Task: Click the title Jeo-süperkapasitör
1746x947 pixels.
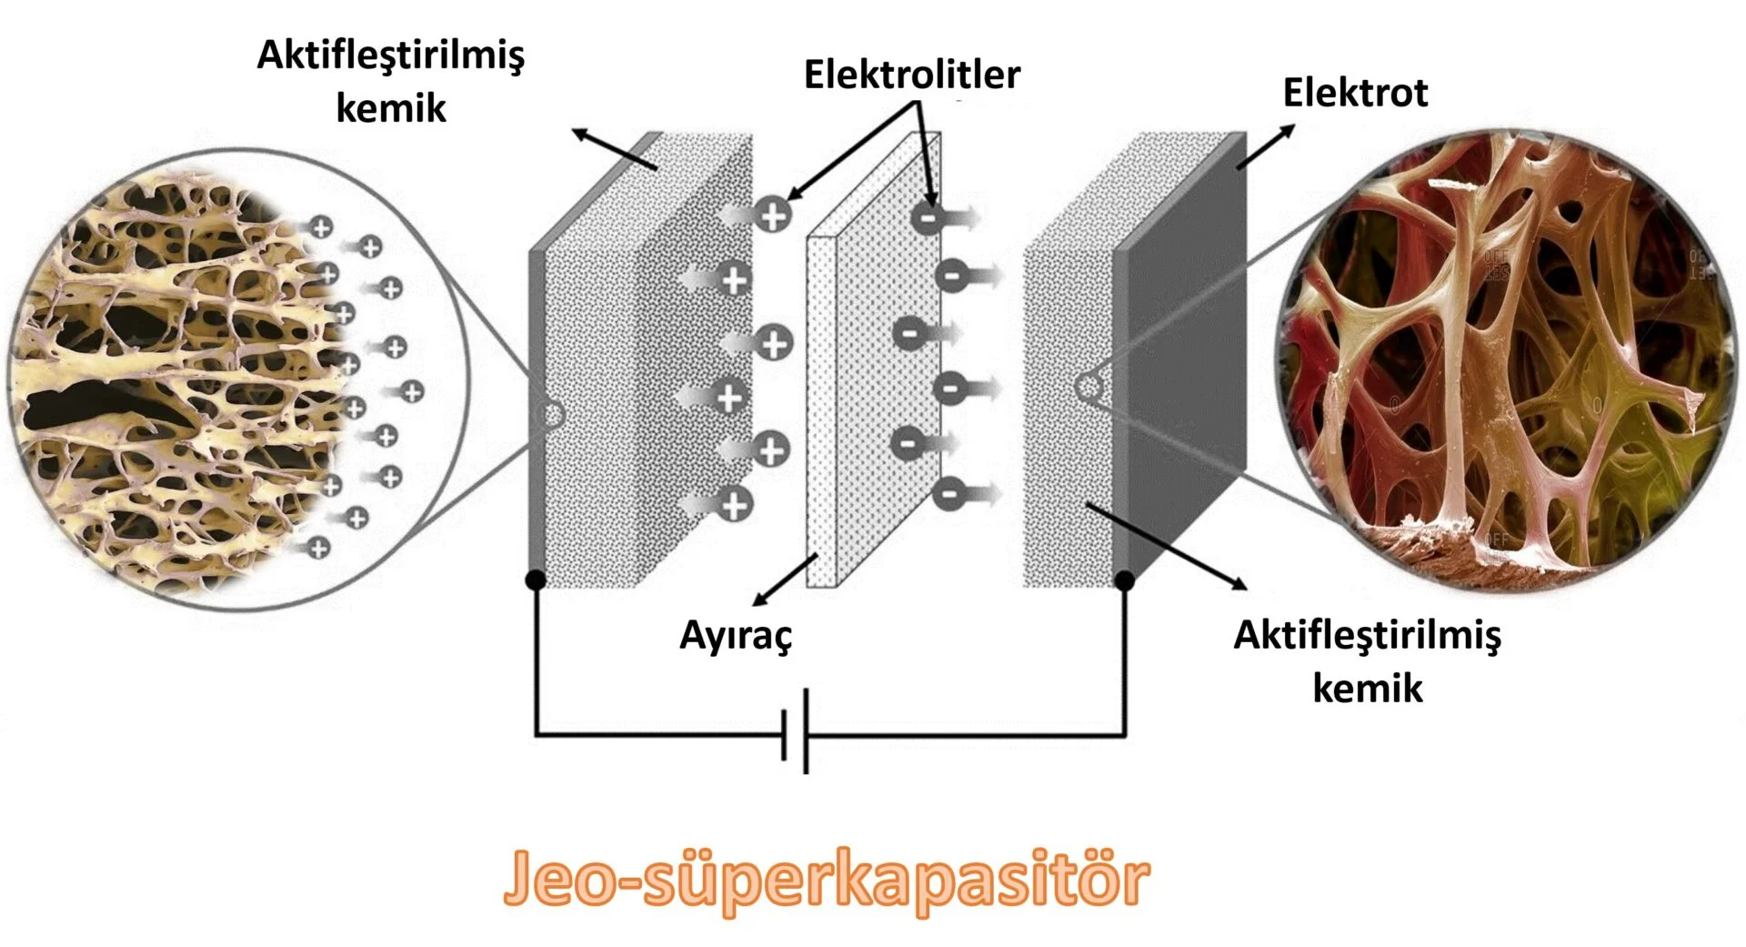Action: (826, 879)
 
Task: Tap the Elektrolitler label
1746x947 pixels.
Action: (911, 75)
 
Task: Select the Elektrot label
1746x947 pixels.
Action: (1354, 93)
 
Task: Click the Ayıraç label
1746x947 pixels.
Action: (736, 636)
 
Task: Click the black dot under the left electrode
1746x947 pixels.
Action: (536, 579)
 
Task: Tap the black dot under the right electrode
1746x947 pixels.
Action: (1125, 580)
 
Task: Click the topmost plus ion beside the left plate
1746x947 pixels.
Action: (774, 216)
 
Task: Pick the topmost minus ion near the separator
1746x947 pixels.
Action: (928, 217)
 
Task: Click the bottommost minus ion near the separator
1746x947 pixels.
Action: (948, 494)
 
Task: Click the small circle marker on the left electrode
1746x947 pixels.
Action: (551, 416)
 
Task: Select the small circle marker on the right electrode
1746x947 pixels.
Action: (1088, 388)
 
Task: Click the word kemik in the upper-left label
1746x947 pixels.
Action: (391, 108)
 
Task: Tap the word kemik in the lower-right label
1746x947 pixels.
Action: (1367, 688)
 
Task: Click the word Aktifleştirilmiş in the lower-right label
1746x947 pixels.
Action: (1367, 635)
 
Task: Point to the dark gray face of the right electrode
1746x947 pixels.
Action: (1182, 364)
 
